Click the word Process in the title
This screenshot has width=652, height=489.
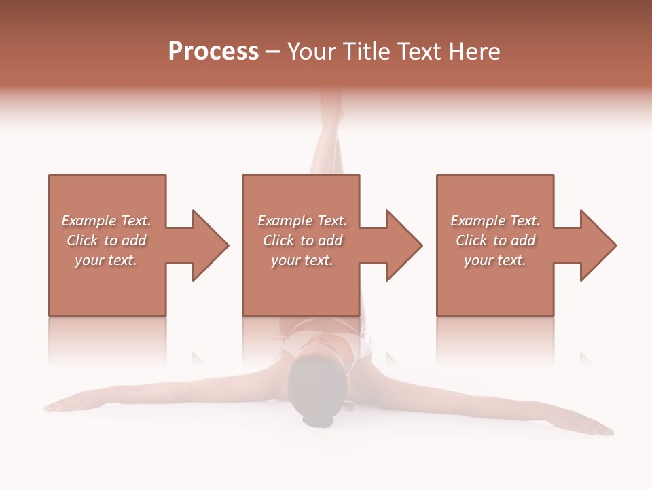point(213,52)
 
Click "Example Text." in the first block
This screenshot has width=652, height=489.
point(106,221)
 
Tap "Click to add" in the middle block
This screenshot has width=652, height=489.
point(302,240)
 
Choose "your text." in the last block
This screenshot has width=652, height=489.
point(494,260)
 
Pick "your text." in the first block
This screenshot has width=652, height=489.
point(106,260)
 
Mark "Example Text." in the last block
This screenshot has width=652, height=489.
point(495,221)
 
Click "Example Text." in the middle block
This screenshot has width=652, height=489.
point(302,221)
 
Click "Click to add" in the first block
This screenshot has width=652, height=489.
point(106,240)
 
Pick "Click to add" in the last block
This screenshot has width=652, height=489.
point(495,240)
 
